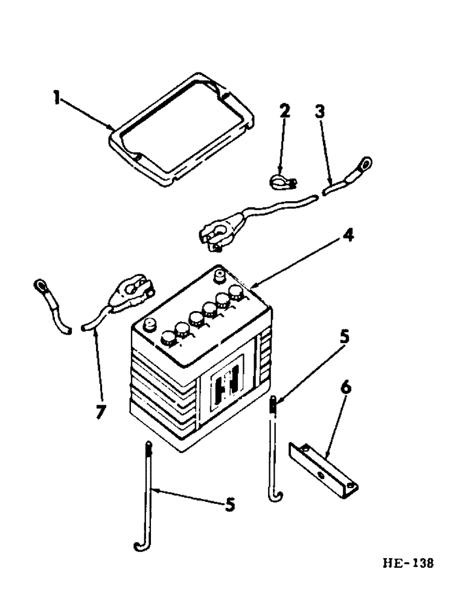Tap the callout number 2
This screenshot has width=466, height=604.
click(284, 111)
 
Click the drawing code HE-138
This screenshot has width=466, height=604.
click(408, 564)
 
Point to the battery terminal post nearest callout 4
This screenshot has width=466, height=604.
click(220, 275)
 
